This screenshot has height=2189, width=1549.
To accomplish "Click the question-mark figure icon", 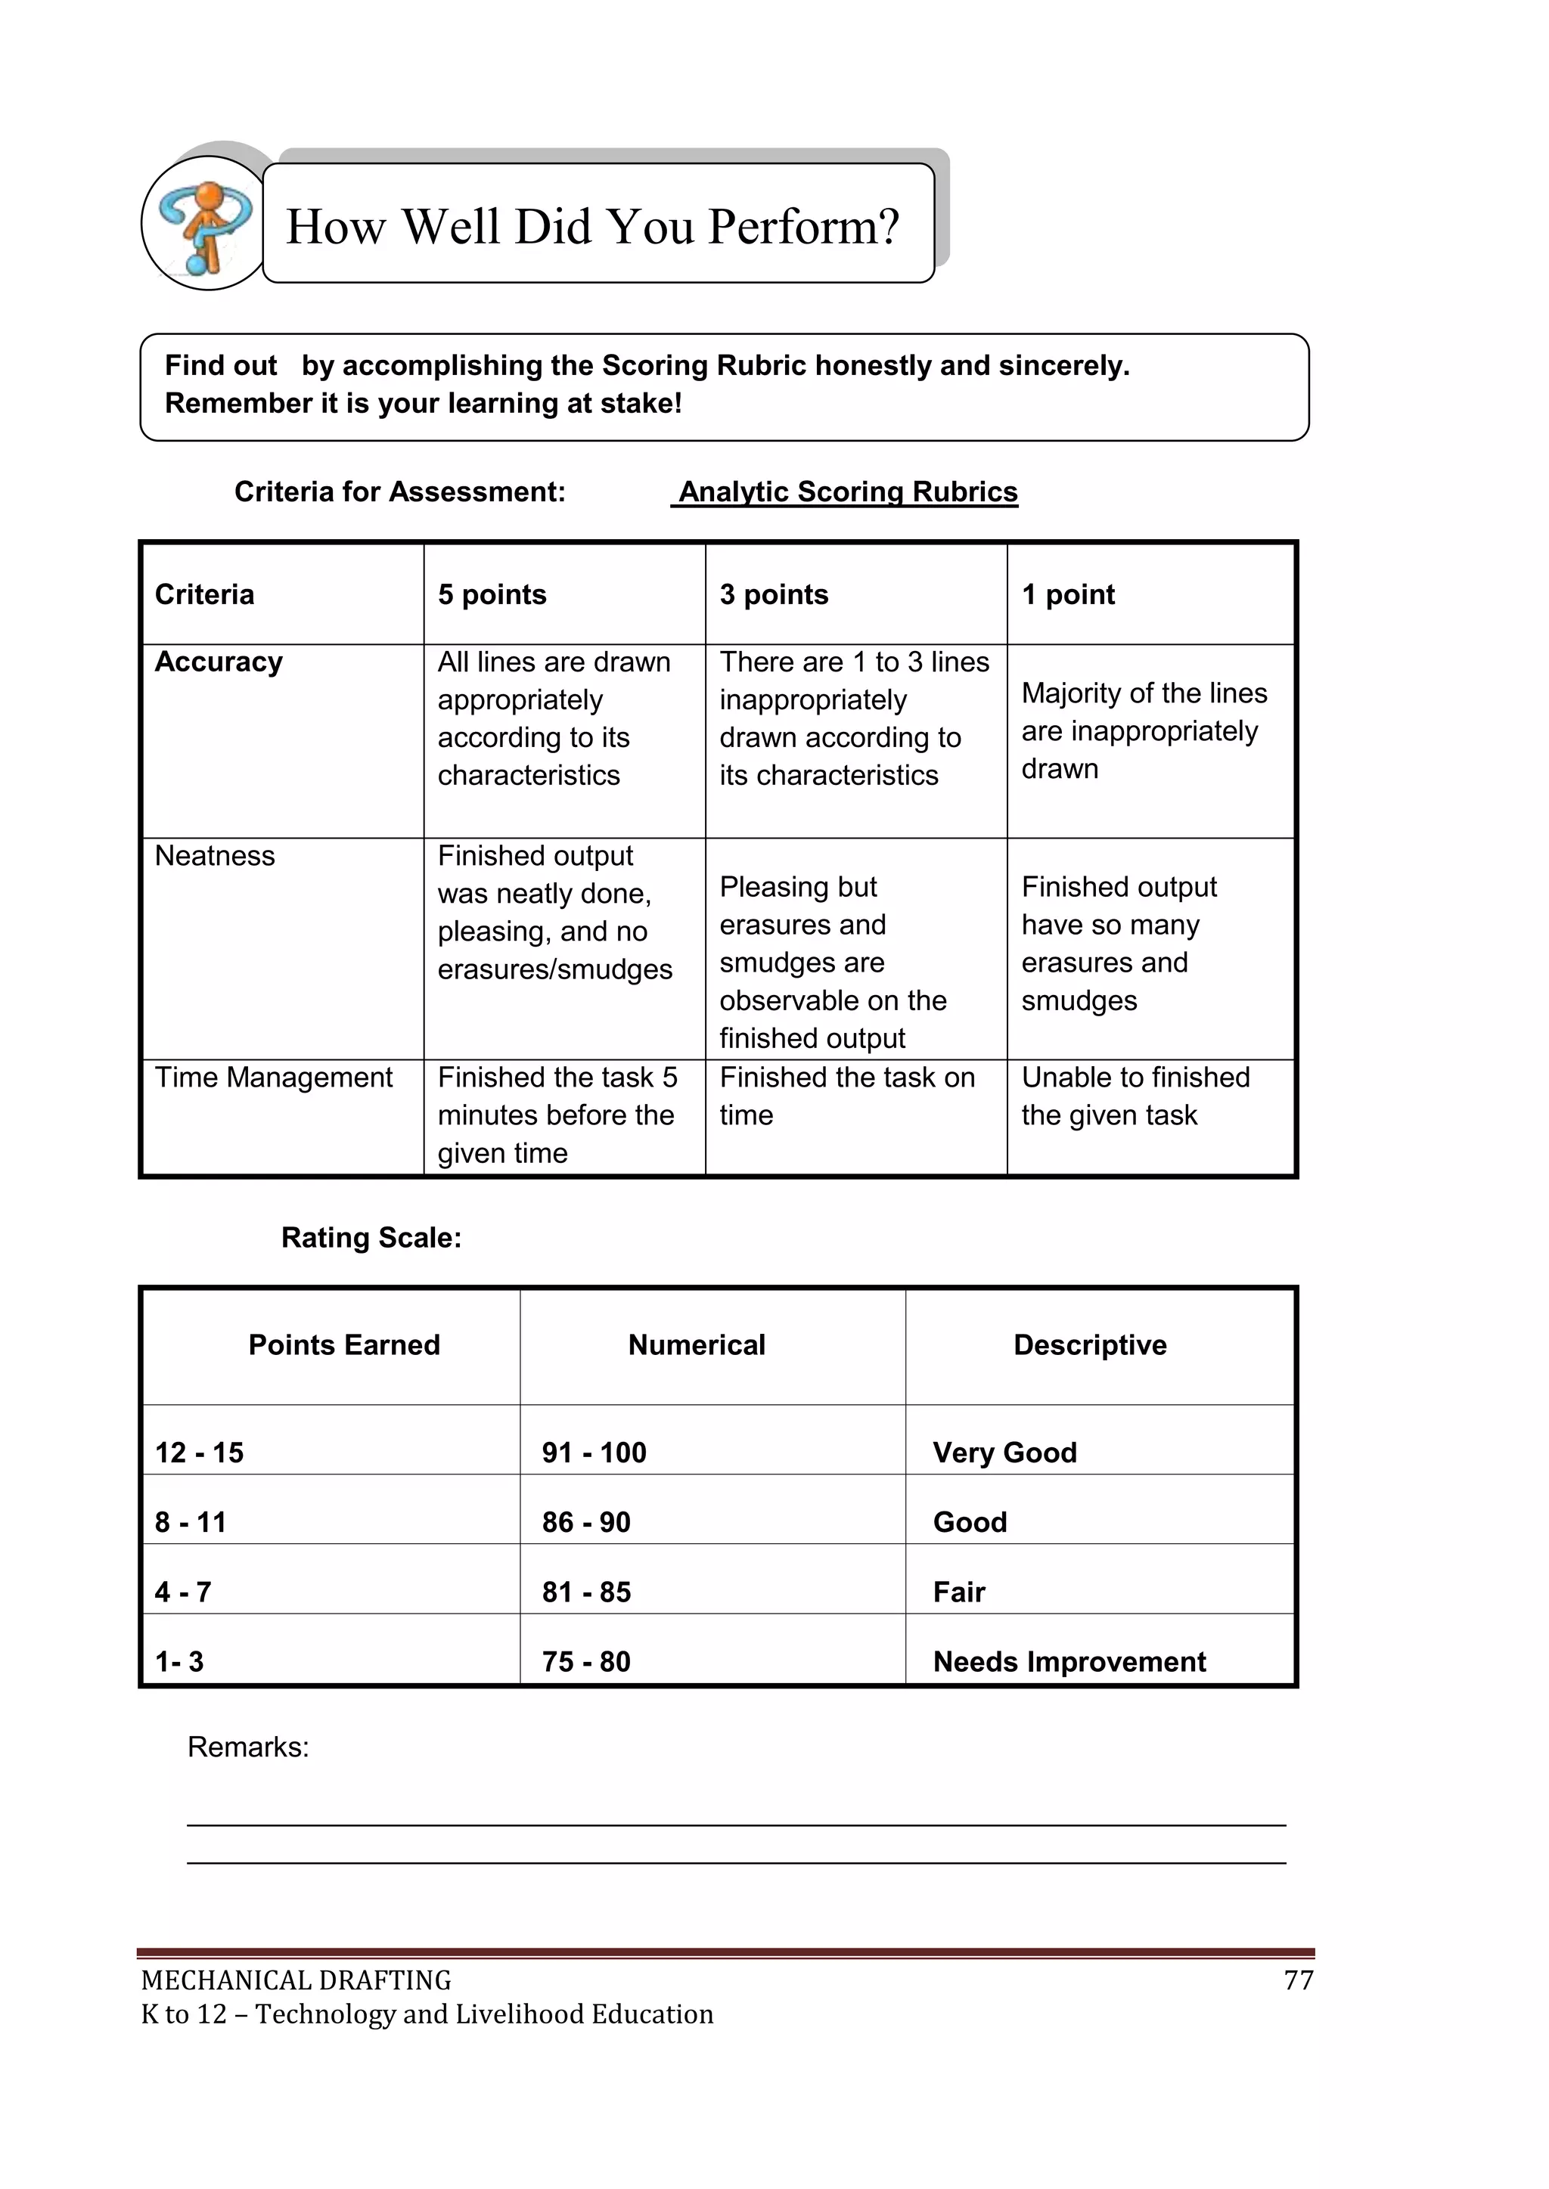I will (x=204, y=225).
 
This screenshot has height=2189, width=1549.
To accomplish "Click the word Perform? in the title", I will (x=803, y=227).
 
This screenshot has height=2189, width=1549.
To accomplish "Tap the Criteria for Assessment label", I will (x=399, y=492).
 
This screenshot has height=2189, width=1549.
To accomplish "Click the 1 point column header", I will (x=1067, y=595).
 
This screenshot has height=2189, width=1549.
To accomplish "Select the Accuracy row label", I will (x=219, y=662).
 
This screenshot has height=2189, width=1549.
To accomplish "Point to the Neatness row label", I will (x=215, y=856).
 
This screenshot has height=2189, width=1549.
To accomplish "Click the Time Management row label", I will (x=274, y=1077).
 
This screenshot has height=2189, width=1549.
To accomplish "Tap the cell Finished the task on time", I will (x=846, y=1096).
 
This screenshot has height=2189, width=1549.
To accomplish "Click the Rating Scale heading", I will (x=371, y=1238).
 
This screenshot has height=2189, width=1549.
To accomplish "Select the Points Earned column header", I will (x=344, y=1345).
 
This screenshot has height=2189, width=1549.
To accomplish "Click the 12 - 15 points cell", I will (x=200, y=1453).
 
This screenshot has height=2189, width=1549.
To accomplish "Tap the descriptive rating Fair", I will (x=958, y=1592).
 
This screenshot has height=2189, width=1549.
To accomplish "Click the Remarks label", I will (x=248, y=1747).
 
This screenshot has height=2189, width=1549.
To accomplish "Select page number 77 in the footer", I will (x=1298, y=1981).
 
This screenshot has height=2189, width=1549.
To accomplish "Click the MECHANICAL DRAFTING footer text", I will (x=296, y=1981).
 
